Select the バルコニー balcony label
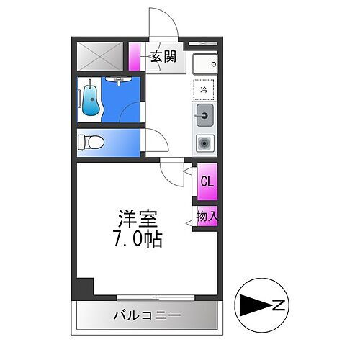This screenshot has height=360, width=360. pos(146,315)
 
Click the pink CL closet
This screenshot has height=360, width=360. pos(206,181)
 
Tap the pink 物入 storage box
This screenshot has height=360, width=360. pos(206,217)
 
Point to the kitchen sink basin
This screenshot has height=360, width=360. pos(204,114)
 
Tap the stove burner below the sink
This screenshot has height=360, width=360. pos(204,143)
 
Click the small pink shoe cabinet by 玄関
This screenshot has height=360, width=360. pos(135,56)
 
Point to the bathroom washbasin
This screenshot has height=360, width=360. pos(115,81)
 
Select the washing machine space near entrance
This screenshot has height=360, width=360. pos(204,64)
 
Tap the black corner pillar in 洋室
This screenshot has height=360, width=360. pos(85,286)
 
